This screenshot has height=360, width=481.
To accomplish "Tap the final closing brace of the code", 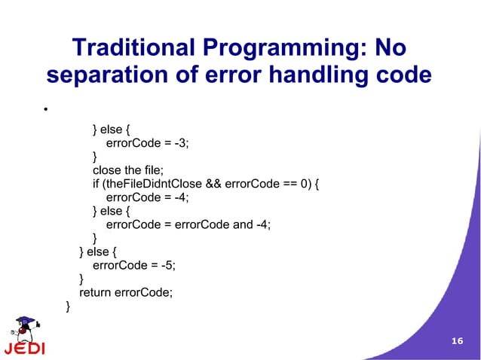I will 69,305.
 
